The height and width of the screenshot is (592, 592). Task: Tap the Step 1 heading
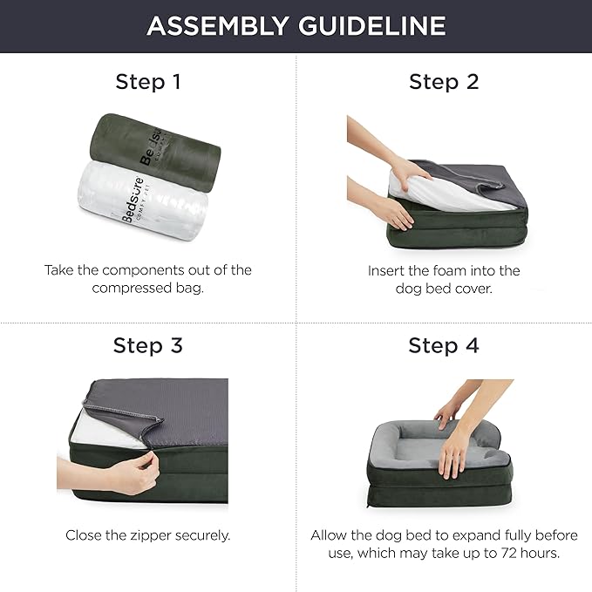(x=148, y=82)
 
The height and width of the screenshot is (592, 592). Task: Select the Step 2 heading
(x=444, y=82)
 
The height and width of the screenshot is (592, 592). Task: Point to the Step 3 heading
(x=148, y=345)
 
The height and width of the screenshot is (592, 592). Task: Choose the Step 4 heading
(x=444, y=345)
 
